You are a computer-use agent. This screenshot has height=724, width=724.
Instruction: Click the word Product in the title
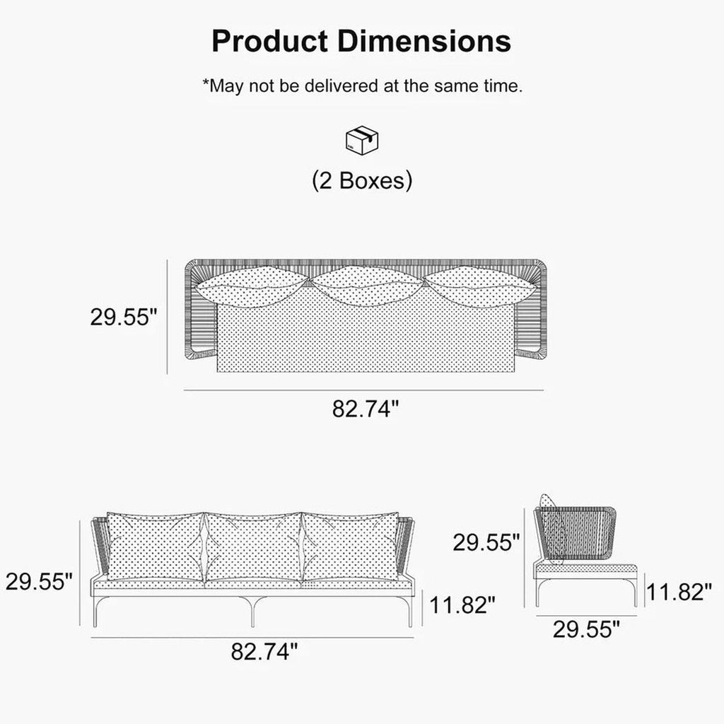click(269, 41)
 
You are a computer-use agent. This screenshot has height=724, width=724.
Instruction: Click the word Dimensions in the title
click(424, 41)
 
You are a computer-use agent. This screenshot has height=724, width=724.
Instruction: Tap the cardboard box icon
click(362, 141)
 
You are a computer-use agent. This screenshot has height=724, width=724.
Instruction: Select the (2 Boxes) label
click(362, 180)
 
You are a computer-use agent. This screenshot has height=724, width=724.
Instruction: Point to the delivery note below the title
click(363, 86)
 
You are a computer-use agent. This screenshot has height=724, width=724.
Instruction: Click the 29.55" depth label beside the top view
click(124, 317)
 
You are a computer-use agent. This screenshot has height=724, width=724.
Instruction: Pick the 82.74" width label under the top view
click(366, 409)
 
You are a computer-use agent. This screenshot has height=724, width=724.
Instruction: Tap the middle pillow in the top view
click(366, 286)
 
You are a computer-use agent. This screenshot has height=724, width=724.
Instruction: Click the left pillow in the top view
click(252, 287)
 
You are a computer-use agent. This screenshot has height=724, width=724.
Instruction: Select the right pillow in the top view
click(480, 287)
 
